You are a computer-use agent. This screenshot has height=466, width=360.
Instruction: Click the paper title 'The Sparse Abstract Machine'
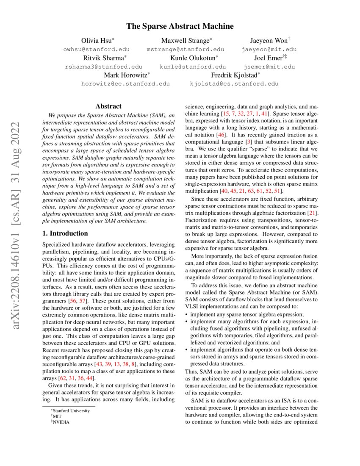tap(180, 26)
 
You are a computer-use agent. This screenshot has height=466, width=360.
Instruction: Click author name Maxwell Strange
tap(185, 41)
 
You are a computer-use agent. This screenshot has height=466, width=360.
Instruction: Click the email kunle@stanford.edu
tap(193, 67)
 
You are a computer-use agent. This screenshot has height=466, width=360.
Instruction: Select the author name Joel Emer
tap(268, 58)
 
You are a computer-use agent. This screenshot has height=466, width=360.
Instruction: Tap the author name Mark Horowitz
tap(125, 75)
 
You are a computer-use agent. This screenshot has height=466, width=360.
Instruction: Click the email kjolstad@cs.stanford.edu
tap(234, 84)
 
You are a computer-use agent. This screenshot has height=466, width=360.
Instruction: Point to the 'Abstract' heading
tap(108, 106)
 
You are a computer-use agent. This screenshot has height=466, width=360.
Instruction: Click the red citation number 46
tap(221, 135)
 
